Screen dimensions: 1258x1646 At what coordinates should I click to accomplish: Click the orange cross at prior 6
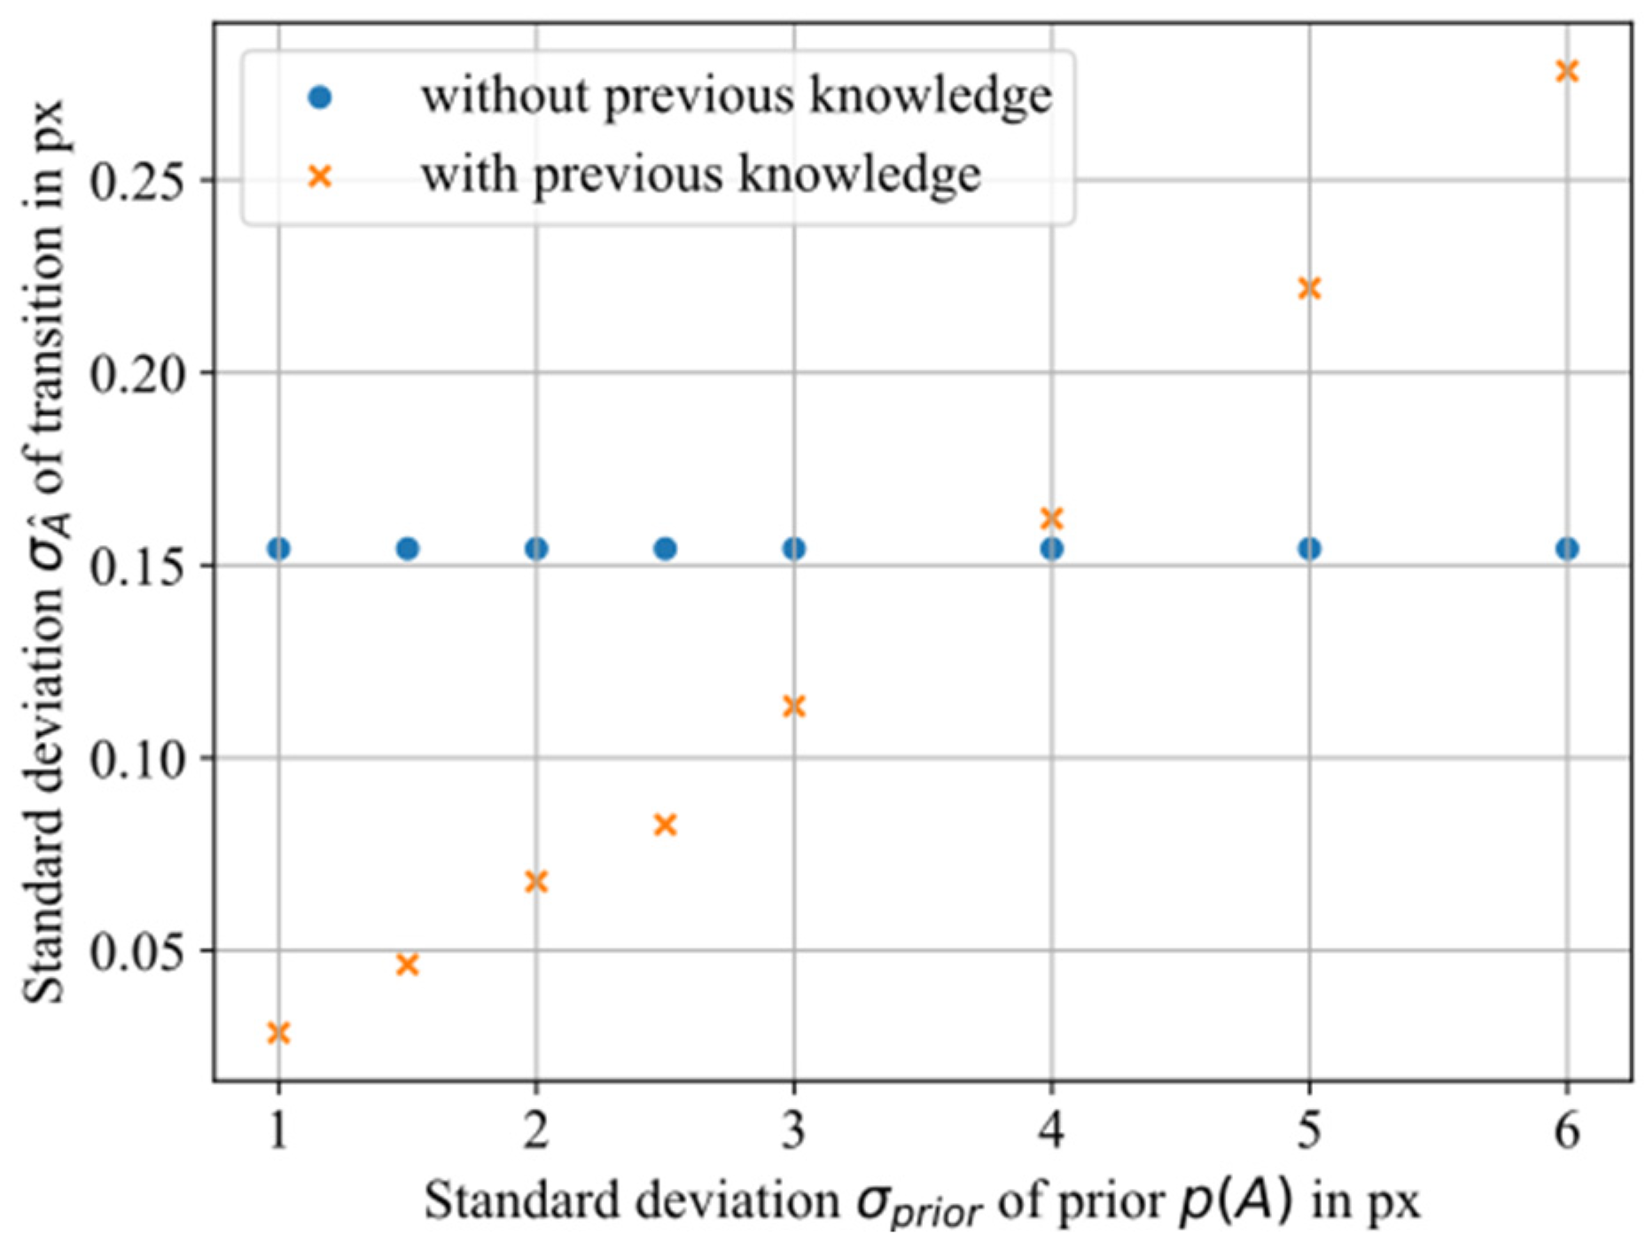click(1566, 71)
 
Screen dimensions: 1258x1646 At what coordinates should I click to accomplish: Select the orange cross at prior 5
click(1308, 288)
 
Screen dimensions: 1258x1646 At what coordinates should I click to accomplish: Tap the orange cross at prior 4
click(1051, 518)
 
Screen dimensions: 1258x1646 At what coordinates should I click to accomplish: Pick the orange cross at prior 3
click(793, 707)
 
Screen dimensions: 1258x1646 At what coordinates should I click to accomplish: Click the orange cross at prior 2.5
click(665, 825)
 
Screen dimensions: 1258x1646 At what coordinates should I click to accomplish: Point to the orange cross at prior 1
click(278, 1033)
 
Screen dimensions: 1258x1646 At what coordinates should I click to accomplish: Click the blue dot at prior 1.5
click(407, 549)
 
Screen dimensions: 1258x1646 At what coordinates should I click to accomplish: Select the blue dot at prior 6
click(1566, 549)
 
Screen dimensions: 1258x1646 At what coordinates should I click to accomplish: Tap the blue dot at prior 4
click(1051, 549)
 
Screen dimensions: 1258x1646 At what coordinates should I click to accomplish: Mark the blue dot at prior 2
click(536, 549)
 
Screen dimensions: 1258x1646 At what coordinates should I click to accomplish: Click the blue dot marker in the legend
click(319, 98)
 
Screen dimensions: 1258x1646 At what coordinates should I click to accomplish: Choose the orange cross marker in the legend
click(319, 176)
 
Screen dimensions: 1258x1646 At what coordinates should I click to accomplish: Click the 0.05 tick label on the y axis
click(140, 952)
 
